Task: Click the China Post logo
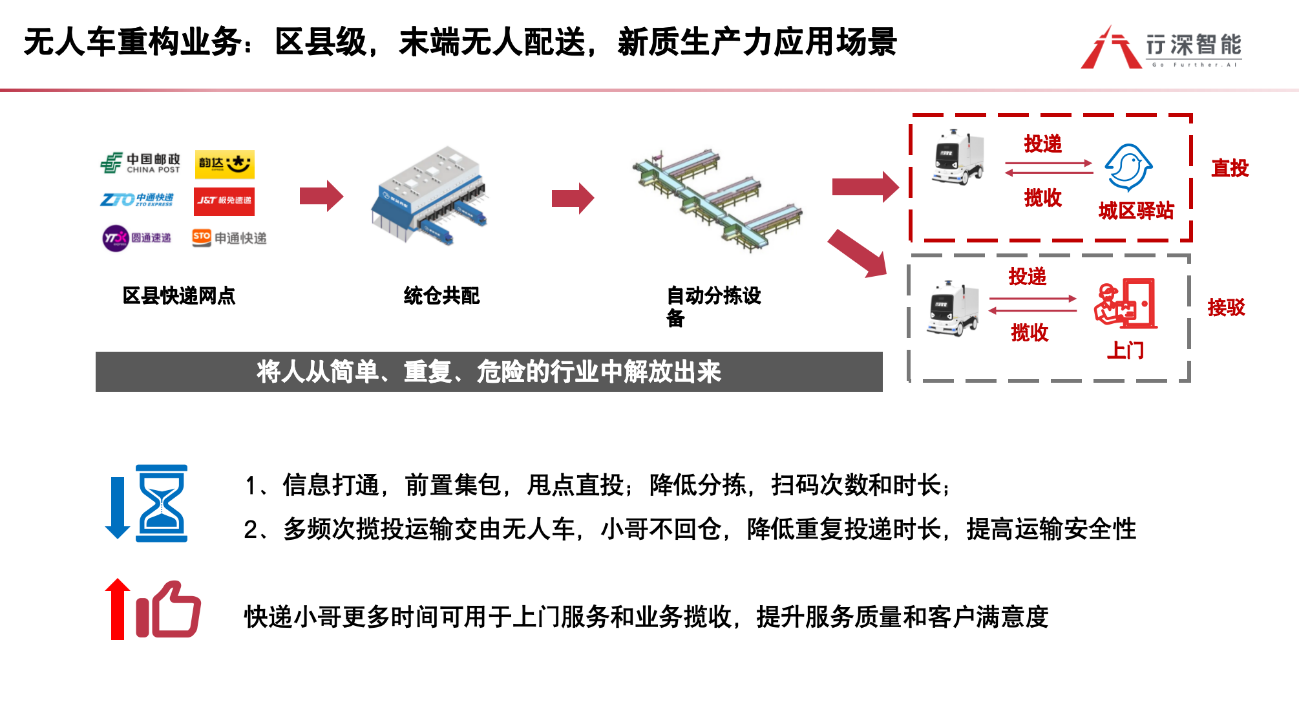[140, 163]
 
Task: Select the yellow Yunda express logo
[224, 164]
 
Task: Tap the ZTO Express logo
[136, 200]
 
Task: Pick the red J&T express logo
[224, 201]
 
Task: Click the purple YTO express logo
[136, 238]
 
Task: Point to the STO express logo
[229, 238]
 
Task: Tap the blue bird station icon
[1128, 167]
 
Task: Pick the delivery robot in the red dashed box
[957, 157]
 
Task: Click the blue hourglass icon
[162, 503]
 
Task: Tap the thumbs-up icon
[169, 610]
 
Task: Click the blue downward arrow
[118, 508]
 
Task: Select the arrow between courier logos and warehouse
[321, 196]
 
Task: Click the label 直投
[1229, 168]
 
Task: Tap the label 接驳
[1226, 307]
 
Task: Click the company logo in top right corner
[1161, 47]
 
